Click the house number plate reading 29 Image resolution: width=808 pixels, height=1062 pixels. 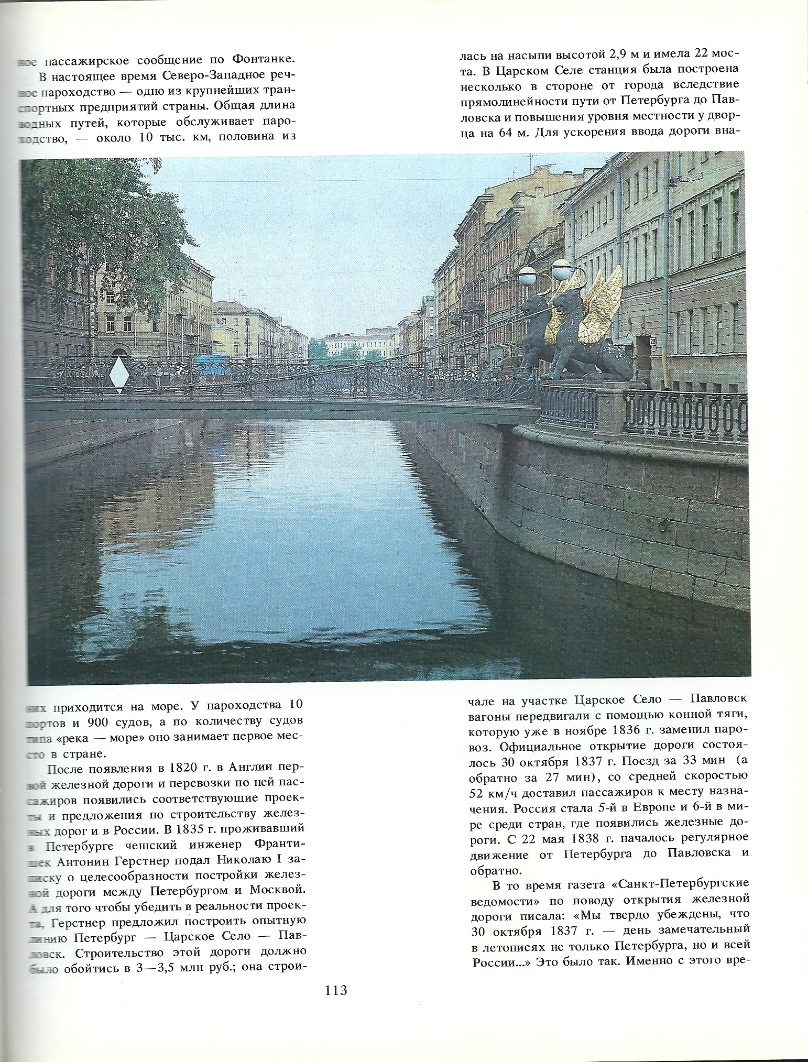pyautogui.click(x=653, y=342)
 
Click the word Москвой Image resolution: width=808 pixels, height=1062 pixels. pyautogui.click(x=275, y=875)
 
